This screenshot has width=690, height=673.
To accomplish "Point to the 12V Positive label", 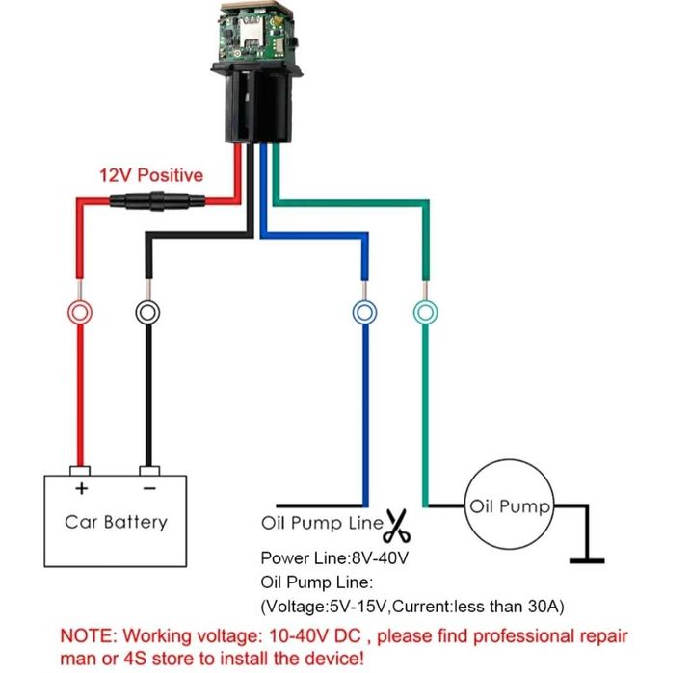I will click(151, 175).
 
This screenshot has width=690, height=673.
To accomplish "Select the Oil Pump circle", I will click(510, 506).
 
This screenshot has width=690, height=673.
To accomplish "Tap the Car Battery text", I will click(116, 522).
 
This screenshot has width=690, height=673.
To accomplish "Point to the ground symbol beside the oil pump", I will click(586, 558).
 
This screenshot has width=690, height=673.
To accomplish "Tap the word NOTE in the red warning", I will click(85, 636).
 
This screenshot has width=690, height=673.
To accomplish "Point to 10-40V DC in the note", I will click(334, 636).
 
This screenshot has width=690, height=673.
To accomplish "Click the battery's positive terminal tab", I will click(80, 472).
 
